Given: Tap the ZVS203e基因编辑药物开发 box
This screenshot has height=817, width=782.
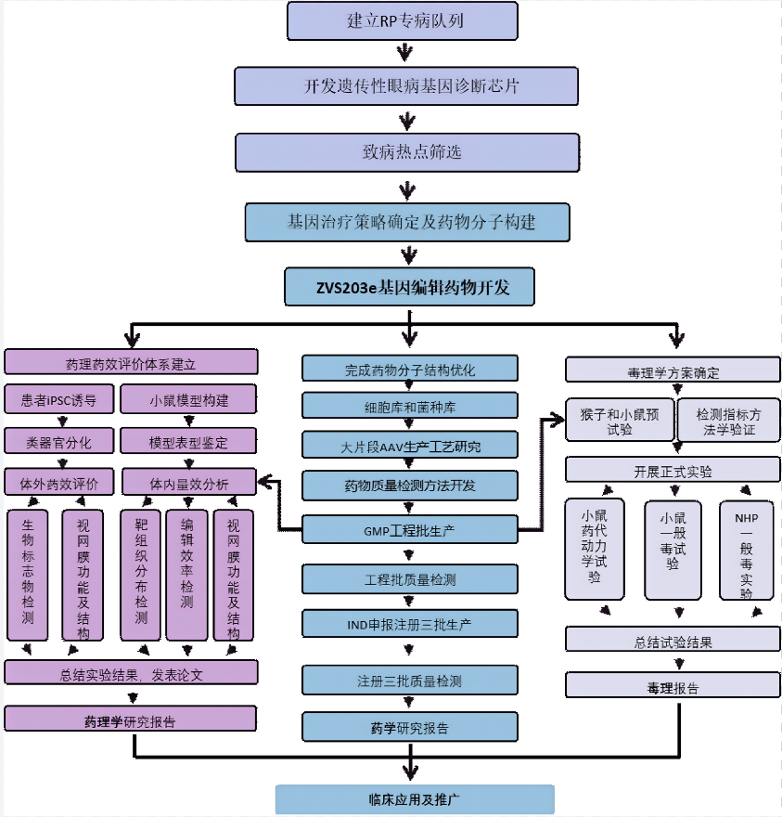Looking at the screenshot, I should point(410,288).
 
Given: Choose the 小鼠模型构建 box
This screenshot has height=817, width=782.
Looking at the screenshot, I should point(188,401).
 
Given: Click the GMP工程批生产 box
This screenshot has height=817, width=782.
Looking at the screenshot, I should point(409,530).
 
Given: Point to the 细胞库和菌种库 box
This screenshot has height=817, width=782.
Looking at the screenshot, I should point(409,406).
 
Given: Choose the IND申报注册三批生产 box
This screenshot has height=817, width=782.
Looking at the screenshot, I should point(409,621).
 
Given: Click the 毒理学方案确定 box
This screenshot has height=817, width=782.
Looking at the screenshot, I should point(673,372).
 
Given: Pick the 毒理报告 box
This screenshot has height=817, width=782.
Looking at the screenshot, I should point(673,687).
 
